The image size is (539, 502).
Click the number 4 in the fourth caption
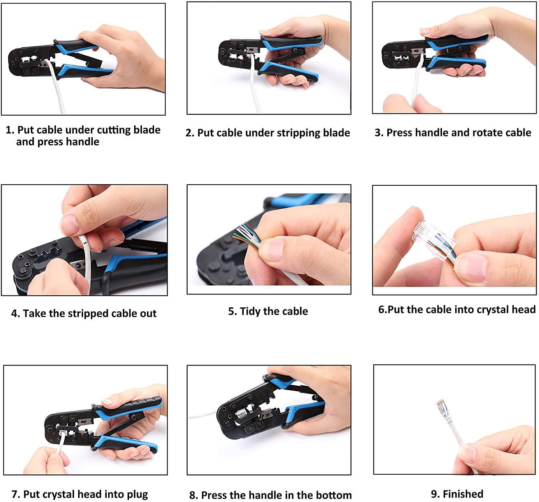click(x=15, y=313)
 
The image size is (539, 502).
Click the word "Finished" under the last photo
click(x=463, y=494)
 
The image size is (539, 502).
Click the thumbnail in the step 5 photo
click(x=272, y=250)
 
